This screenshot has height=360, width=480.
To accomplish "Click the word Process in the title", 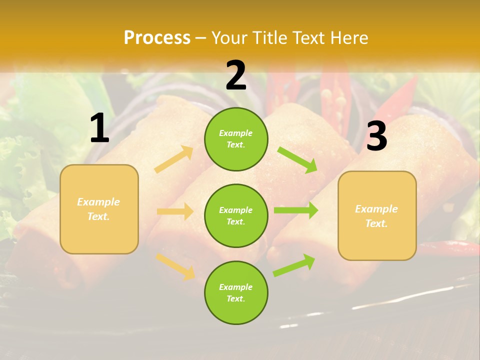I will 157,38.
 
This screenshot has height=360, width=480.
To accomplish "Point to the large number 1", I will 99,128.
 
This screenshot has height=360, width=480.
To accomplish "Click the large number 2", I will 236,75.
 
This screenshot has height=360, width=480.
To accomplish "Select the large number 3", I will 376,136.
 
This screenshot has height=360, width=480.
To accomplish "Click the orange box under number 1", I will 99,209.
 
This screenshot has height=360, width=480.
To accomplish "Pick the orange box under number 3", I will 377,216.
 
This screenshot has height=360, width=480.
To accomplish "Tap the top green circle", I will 236,139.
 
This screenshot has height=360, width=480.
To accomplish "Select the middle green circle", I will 236,216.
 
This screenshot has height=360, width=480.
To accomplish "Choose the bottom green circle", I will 236,293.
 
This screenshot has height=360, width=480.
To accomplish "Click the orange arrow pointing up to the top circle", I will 174,159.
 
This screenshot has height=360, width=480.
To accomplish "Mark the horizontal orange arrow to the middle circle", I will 175,211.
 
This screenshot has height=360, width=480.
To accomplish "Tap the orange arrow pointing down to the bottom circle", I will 175,265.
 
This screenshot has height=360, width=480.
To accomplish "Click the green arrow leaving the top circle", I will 297,159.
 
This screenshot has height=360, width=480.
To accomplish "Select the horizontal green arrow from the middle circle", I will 295,210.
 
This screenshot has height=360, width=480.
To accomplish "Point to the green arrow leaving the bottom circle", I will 294,265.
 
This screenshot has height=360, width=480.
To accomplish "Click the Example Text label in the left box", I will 99,209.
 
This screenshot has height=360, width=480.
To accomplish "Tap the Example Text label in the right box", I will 376,216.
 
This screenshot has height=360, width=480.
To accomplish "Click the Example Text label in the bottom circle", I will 236,293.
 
